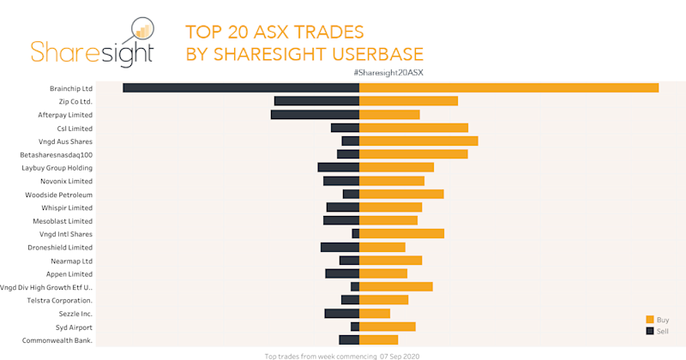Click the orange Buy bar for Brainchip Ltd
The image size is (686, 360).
coord(508,87)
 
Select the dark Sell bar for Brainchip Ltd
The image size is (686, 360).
coord(241,87)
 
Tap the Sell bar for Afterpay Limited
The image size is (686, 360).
coord(315,114)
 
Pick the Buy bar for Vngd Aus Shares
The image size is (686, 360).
coord(418,141)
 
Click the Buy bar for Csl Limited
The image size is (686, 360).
coord(413,128)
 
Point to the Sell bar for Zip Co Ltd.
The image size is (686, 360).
coord(316,101)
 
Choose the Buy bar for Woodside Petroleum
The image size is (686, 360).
coord(401,194)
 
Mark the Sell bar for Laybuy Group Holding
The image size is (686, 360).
coord(338,167)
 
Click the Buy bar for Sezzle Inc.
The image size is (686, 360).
coord(375,313)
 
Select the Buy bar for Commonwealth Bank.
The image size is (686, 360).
coord(378,339)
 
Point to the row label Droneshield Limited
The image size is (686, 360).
coord(60,247)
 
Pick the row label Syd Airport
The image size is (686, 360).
coord(74,327)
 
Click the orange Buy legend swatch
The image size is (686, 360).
coord(650,319)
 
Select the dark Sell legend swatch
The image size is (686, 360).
coord(650,330)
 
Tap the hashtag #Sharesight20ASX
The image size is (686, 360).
coord(388,73)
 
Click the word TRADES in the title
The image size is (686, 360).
coord(327,33)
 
